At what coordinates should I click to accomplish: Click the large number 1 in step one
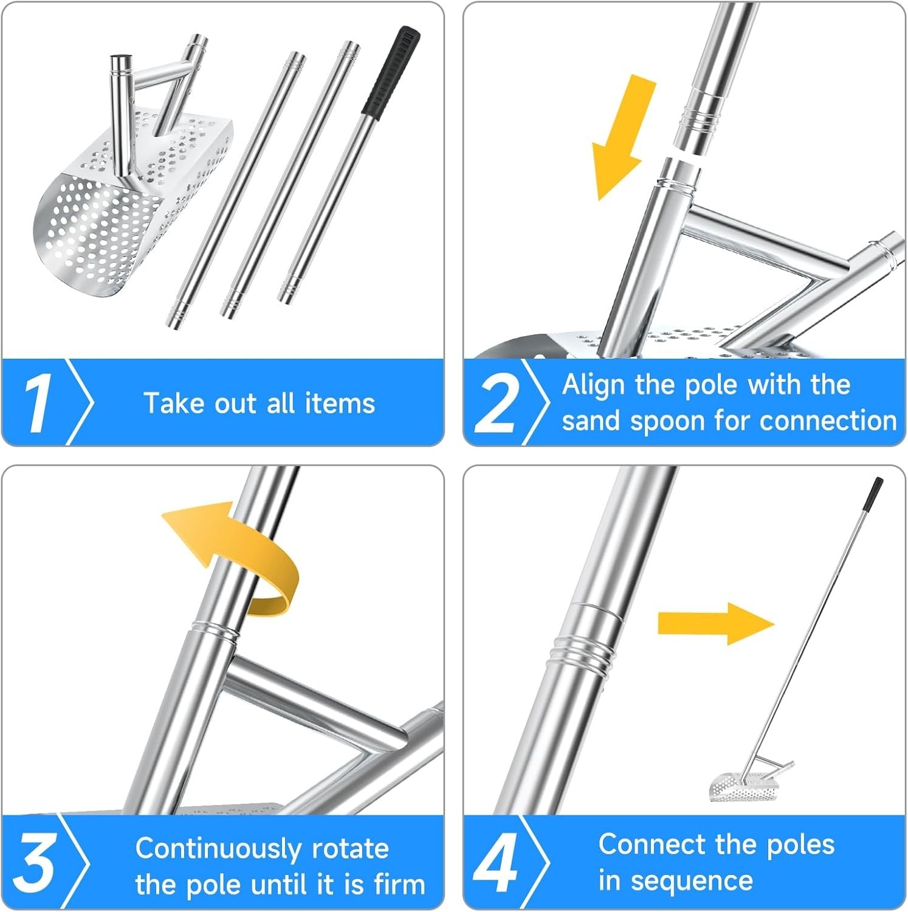click(38, 403)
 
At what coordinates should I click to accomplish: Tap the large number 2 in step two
click(497, 403)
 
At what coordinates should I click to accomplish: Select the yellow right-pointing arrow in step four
click(716, 624)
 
